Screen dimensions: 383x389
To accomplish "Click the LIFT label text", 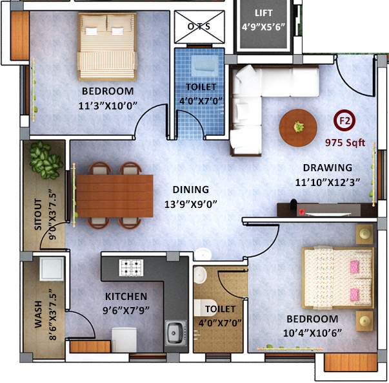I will coord(263,13).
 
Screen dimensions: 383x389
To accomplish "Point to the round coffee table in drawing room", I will coord(298,126).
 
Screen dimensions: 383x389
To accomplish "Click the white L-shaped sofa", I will coord(258,97).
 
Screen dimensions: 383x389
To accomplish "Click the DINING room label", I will coord(190,190).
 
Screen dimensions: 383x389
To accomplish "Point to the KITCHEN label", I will coord(126,297).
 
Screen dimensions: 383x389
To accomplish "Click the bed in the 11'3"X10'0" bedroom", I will coord(108,45).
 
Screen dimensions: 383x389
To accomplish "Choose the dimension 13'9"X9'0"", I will coord(190,204).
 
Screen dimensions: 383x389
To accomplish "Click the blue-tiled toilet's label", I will coord(201,86).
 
